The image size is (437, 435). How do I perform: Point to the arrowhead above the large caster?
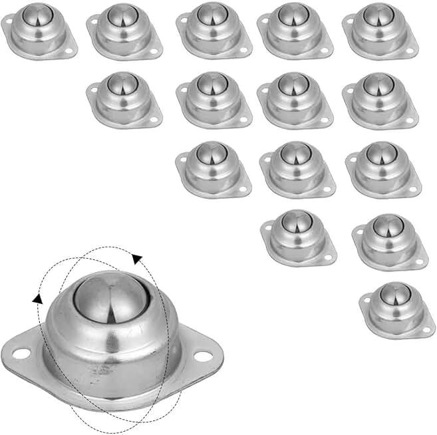coord(137,257)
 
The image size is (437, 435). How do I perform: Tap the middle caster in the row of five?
coord(214,31)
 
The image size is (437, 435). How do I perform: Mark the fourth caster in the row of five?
coord(295,31)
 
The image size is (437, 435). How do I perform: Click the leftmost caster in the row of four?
coord(124,99)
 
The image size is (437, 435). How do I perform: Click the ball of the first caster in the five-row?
coord(36,15)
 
